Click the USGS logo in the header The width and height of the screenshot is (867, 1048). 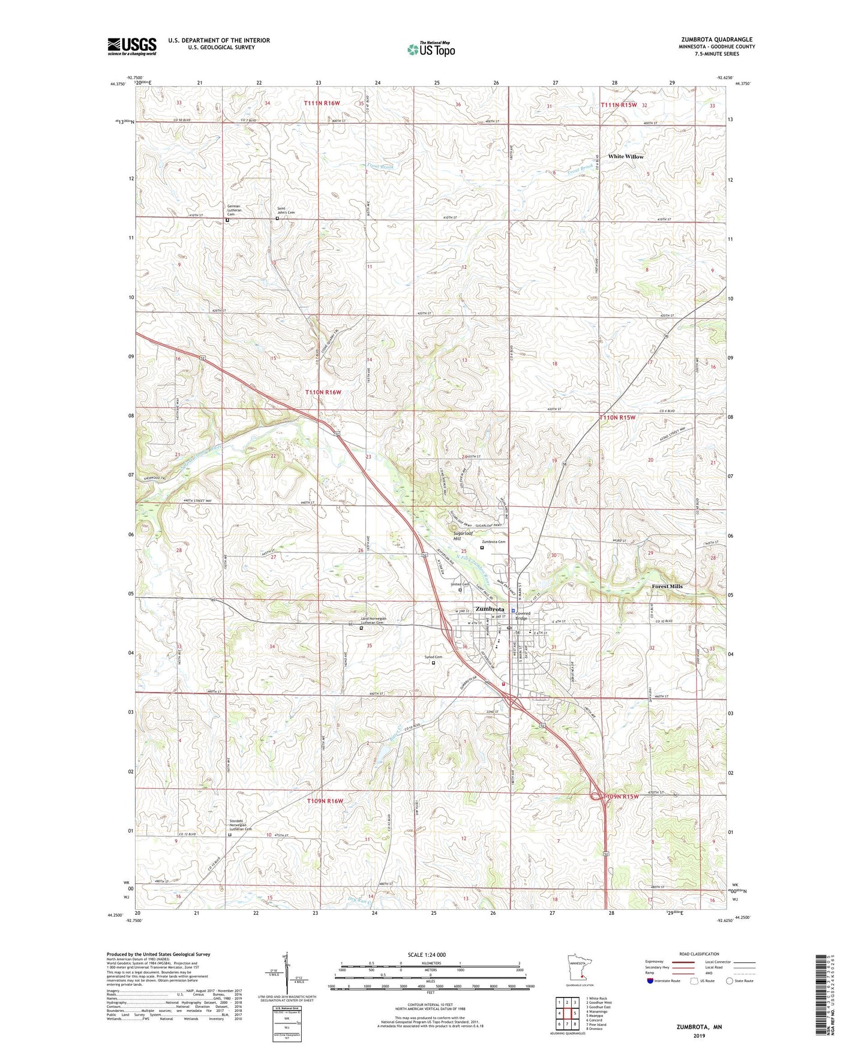coord(131,46)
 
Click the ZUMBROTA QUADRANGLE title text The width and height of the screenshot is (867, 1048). coord(716,40)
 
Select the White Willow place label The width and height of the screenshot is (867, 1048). coord(625,157)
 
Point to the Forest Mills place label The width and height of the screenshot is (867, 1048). coord(667,586)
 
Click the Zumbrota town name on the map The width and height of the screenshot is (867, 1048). coord(489,609)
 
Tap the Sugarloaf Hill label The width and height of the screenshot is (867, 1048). coord(463,535)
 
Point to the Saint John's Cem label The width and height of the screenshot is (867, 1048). coord(286,211)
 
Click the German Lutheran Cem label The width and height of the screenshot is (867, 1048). coord(234,210)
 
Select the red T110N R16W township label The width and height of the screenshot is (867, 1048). coord(323,392)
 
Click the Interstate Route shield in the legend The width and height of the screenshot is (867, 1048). coord(650,981)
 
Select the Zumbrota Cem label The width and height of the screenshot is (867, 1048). coord(494,542)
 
